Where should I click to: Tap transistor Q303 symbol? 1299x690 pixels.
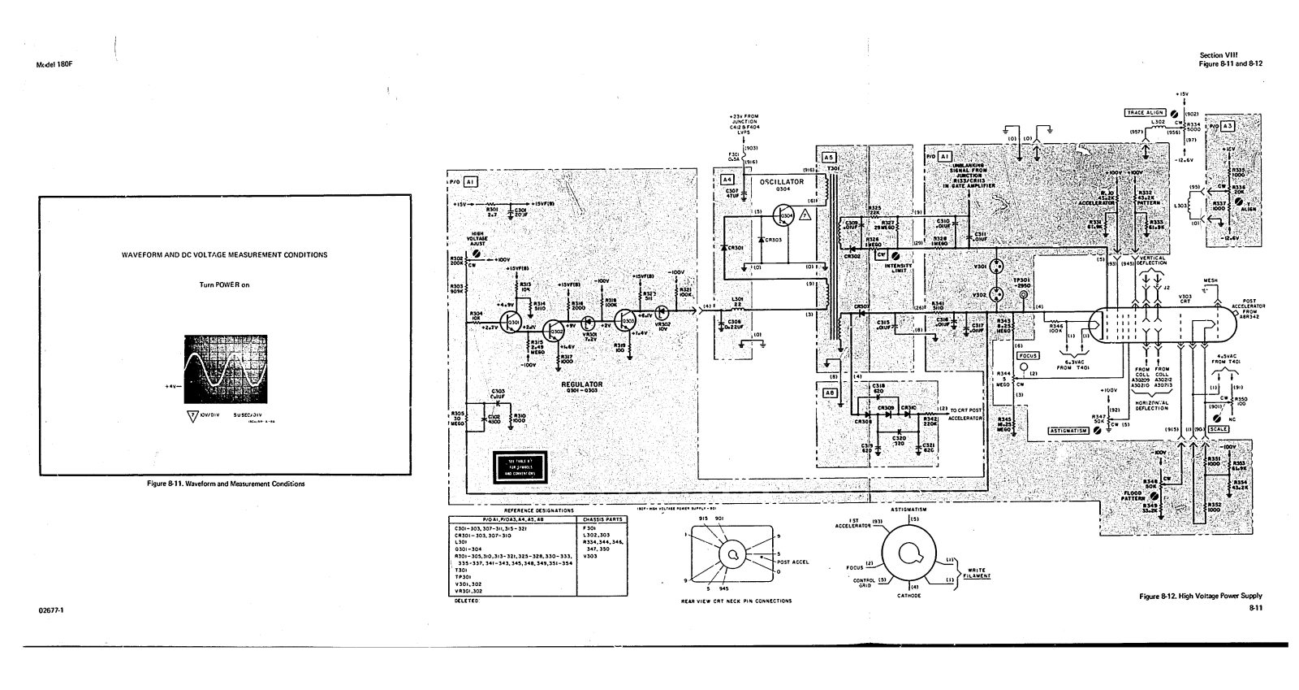click(627, 321)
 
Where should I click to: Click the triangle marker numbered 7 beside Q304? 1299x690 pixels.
click(805, 215)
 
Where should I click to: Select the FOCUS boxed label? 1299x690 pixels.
click(1027, 355)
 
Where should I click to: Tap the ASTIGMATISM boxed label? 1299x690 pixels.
click(1068, 430)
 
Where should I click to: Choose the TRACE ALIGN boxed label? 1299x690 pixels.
click(1145, 112)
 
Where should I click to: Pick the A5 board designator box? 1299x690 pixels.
click(828, 157)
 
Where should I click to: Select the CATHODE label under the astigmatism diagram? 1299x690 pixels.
click(908, 596)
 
